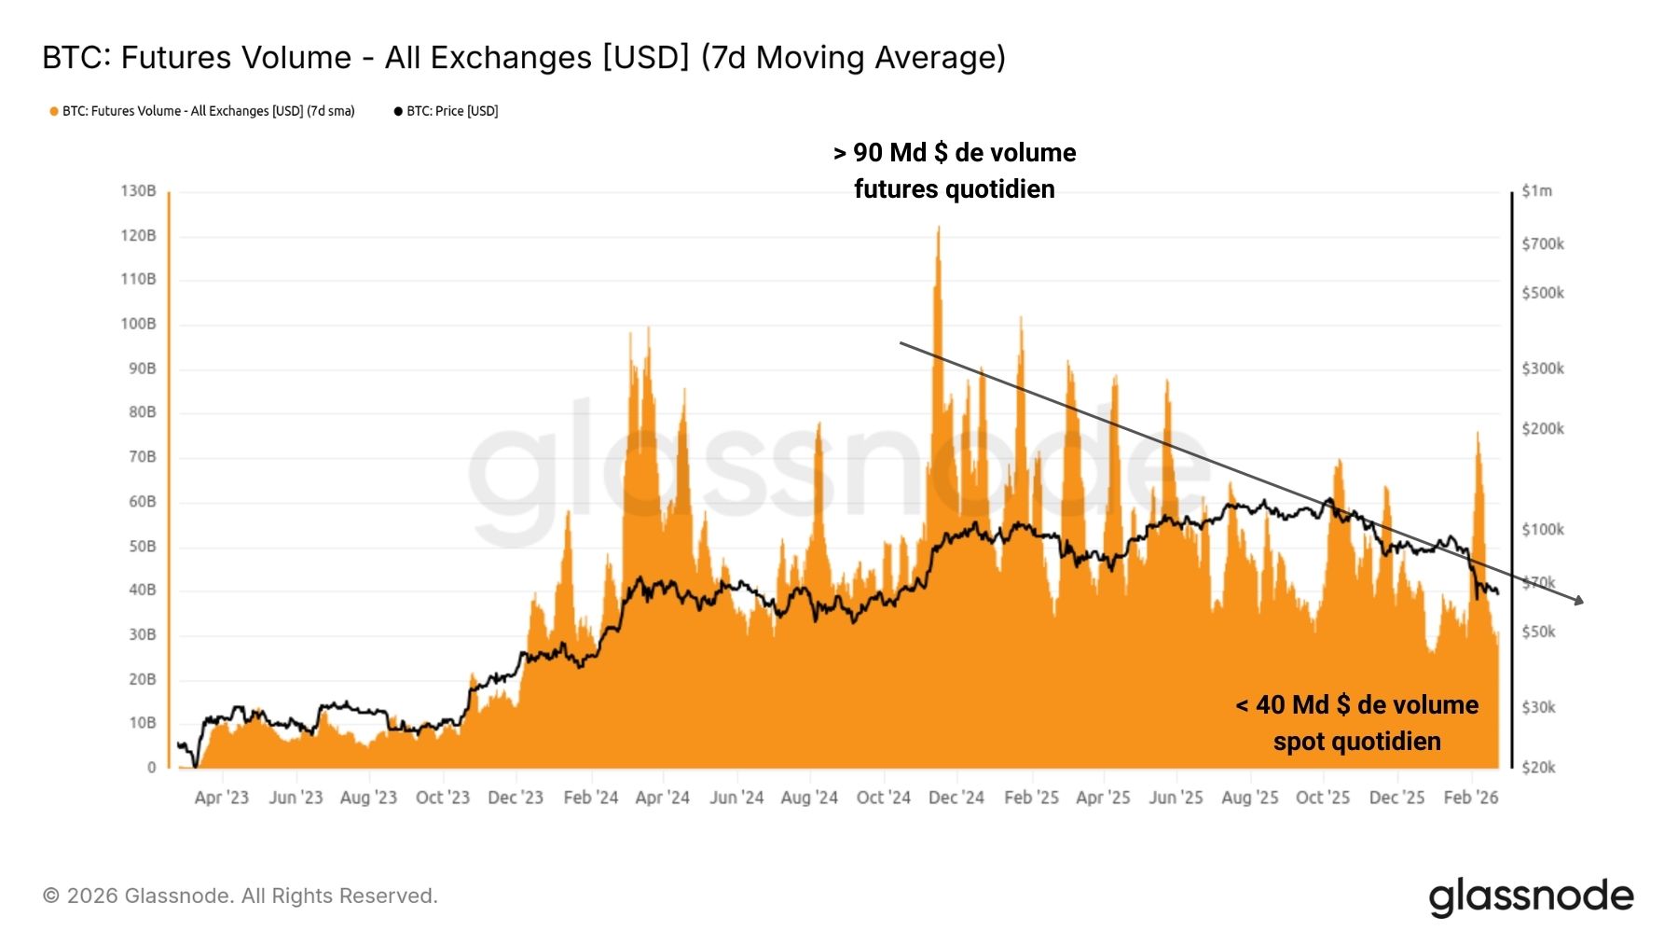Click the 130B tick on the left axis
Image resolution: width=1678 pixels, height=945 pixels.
click(138, 190)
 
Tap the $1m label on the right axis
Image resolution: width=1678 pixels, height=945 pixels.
click(1536, 190)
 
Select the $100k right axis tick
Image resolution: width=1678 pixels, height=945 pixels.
click(1543, 529)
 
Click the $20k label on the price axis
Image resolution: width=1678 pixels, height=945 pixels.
click(1538, 767)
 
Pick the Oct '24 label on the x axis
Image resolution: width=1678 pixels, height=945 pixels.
click(883, 798)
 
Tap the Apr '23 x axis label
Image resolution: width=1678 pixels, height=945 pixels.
click(222, 798)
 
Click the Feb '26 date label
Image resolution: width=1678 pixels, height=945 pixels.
click(1470, 798)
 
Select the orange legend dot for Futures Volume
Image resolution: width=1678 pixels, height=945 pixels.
click(54, 111)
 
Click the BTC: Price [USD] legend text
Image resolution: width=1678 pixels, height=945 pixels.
click(452, 111)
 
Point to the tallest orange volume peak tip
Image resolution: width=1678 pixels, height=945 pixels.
click(938, 228)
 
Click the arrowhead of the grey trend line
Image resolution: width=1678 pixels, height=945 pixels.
click(1579, 602)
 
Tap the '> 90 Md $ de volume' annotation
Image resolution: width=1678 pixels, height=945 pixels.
click(955, 153)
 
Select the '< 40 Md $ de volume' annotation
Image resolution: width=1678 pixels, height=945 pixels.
click(1357, 705)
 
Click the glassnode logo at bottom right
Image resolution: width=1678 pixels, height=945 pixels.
click(1531, 896)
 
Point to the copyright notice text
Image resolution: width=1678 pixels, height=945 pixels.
click(241, 896)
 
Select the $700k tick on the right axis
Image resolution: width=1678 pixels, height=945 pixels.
click(1543, 243)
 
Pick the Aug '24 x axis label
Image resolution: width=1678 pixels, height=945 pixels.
click(809, 798)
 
